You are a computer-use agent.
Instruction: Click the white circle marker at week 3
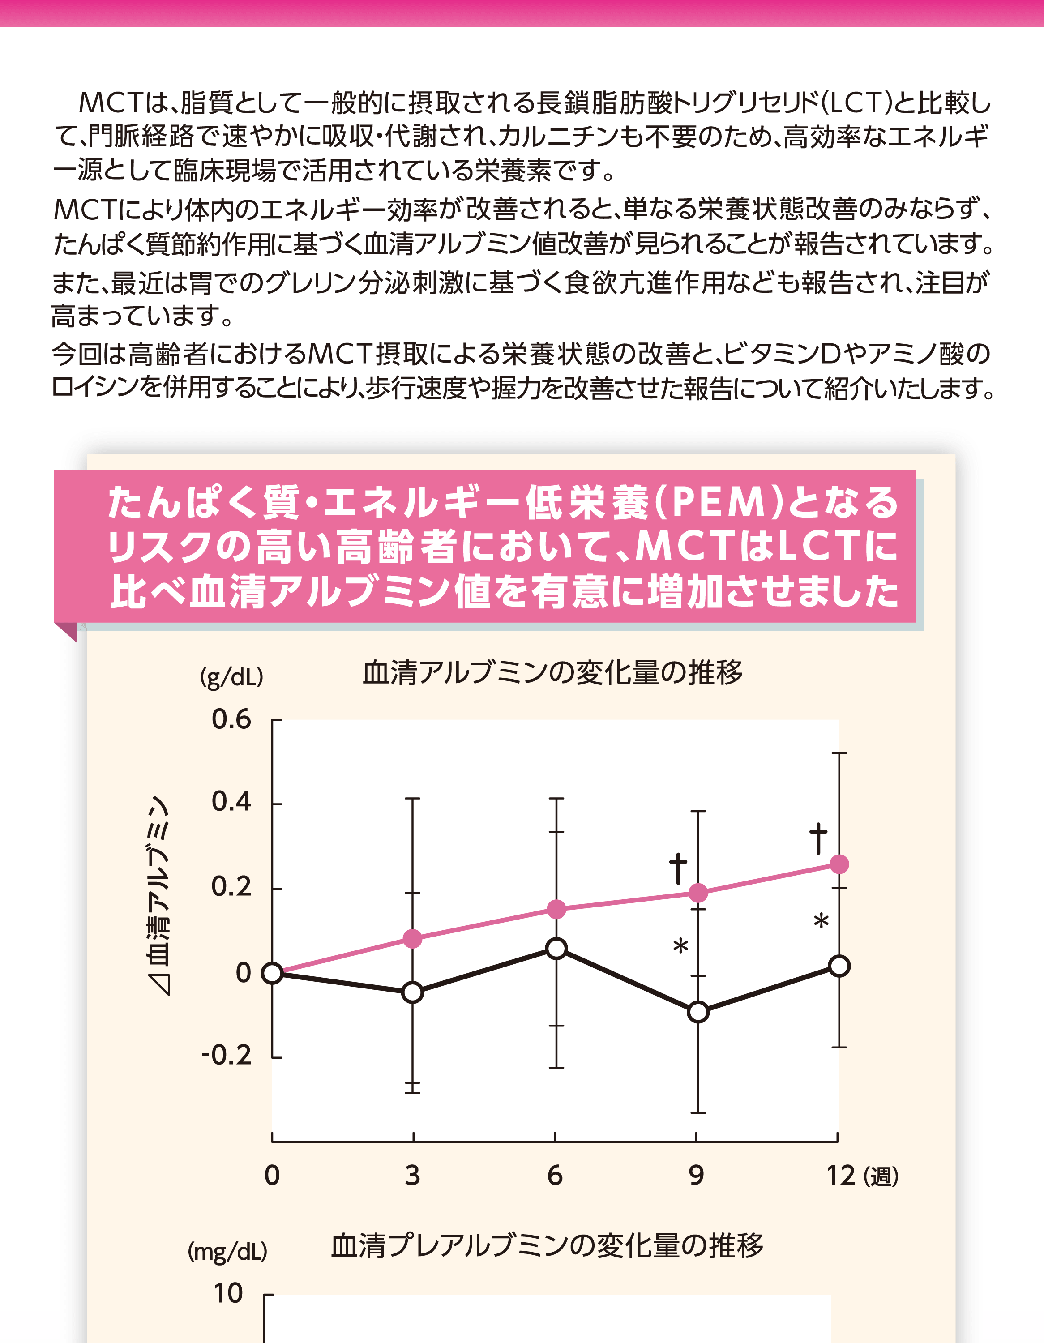click(x=413, y=992)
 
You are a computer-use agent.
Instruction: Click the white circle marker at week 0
click(x=272, y=973)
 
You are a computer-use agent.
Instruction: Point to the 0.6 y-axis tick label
click(x=231, y=719)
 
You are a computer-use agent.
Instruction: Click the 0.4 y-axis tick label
click(x=231, y=802)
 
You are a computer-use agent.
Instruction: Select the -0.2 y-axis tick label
click(x=226, y=1055)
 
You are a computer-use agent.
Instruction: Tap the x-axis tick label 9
click(x=696, y=1175)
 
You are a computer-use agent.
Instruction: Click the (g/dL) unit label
click(x=231, y=677)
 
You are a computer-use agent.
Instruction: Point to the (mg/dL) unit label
click(x=227, y=1251)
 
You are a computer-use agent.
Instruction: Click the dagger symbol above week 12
click(x=818, y=838)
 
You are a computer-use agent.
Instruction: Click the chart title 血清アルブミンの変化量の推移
click(x=552, y=672)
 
